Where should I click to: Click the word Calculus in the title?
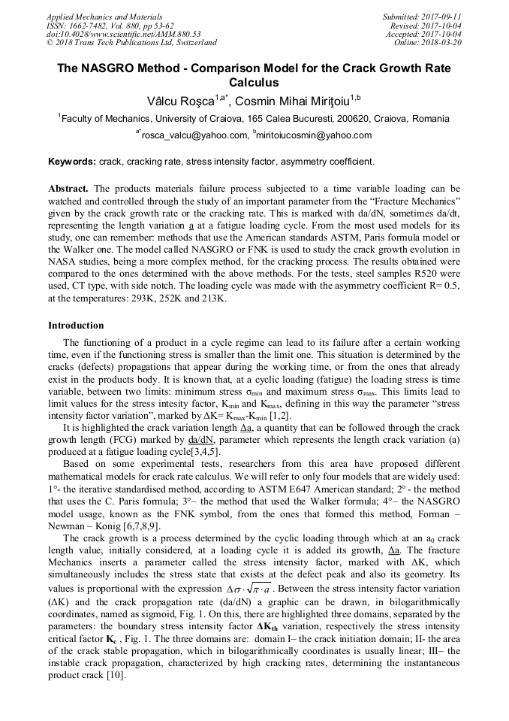pyautogui.click(x=254, y=83)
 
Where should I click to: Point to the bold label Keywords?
pyautogui.click(x=72, y=162)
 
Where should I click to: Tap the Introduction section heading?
pyautogui.click(x=76, y=326)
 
